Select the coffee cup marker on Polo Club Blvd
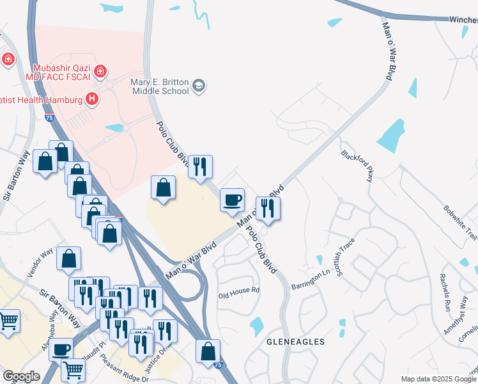coord(232,199)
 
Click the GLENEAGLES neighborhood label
coord(295,342)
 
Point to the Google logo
coord(21,376)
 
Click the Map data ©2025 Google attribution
coord(438,379)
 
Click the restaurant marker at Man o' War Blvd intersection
coord(268,207)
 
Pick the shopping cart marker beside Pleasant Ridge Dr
coord(73,369)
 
